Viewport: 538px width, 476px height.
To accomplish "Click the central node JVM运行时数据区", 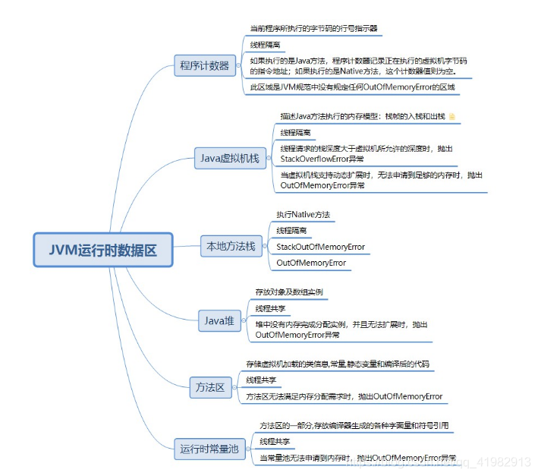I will coord(103,250).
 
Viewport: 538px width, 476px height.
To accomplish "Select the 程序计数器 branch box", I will coord(204,65).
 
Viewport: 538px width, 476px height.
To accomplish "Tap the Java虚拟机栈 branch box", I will coord(229,159).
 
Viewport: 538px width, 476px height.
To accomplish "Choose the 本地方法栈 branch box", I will coord(231,246).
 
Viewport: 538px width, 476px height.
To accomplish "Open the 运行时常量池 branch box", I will coord(209,449).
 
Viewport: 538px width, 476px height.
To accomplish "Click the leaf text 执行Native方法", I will coord(304,215).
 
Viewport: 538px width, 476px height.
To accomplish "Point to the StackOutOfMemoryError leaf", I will coord(320,247).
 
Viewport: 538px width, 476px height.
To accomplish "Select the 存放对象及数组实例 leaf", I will coord(289,292).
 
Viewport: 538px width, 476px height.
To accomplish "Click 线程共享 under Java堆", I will coord(271,308).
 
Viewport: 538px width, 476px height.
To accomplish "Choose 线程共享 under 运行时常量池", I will coord(275,441).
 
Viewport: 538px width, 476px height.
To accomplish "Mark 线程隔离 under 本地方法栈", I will coord(292,230).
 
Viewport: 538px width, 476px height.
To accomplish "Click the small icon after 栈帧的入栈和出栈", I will coord(453,116).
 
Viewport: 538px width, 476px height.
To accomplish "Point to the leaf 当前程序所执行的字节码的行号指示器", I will coord(313,28).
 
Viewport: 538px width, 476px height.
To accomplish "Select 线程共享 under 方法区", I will coord(262,380).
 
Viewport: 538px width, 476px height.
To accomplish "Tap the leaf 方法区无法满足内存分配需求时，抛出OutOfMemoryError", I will coord(345,396).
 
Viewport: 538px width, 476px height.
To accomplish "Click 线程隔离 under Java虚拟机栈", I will coord(295,132).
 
